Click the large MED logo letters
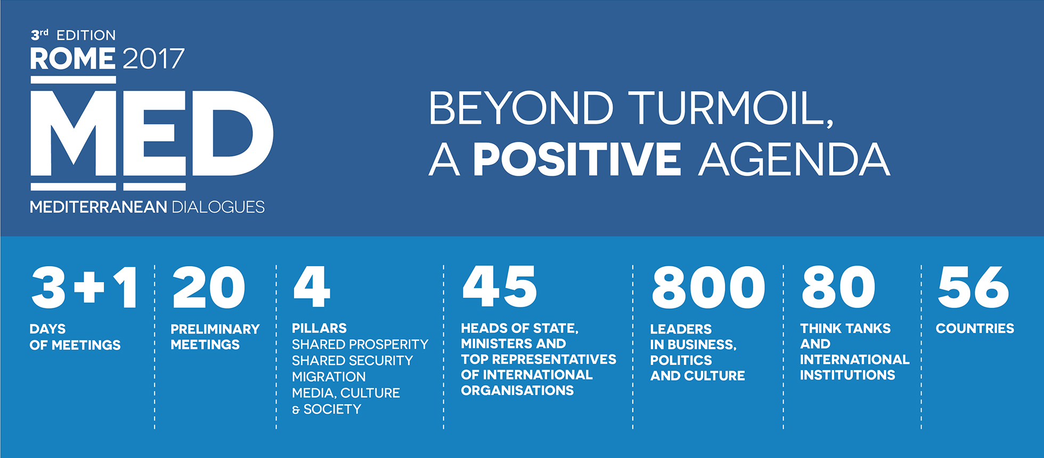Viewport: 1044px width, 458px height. pos(152,133)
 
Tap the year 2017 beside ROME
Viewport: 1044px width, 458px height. pos(153,59)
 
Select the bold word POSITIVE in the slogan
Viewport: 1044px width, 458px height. pos(577,159)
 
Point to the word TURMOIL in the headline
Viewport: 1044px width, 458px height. pos(730,108)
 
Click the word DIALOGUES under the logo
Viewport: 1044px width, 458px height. pos(218,207)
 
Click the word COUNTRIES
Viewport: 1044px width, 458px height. pos(975,329)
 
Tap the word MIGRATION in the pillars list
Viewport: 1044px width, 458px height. pos(329,377)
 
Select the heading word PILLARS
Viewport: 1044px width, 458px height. pos(319,328)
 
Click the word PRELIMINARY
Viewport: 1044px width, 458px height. pos(215,329)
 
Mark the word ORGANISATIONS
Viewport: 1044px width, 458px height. pos(517,390)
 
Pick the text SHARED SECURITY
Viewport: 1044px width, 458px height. pos(352,361)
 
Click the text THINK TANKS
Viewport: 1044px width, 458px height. pos(845,329)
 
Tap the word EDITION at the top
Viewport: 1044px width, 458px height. pos(86,35)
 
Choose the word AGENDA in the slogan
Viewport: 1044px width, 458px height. pos(794,160)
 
